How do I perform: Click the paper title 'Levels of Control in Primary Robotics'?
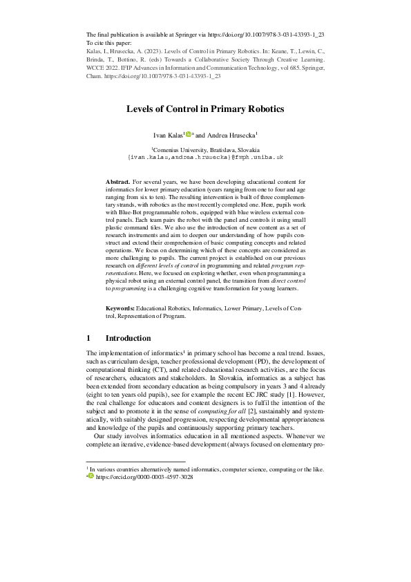(205, 109)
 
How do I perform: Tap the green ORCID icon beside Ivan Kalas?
(188, 135)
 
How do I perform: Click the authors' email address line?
(205, 158)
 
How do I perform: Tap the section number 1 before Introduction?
(88, 338)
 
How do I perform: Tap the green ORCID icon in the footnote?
(90, 458)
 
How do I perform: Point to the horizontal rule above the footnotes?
(135, 442)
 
